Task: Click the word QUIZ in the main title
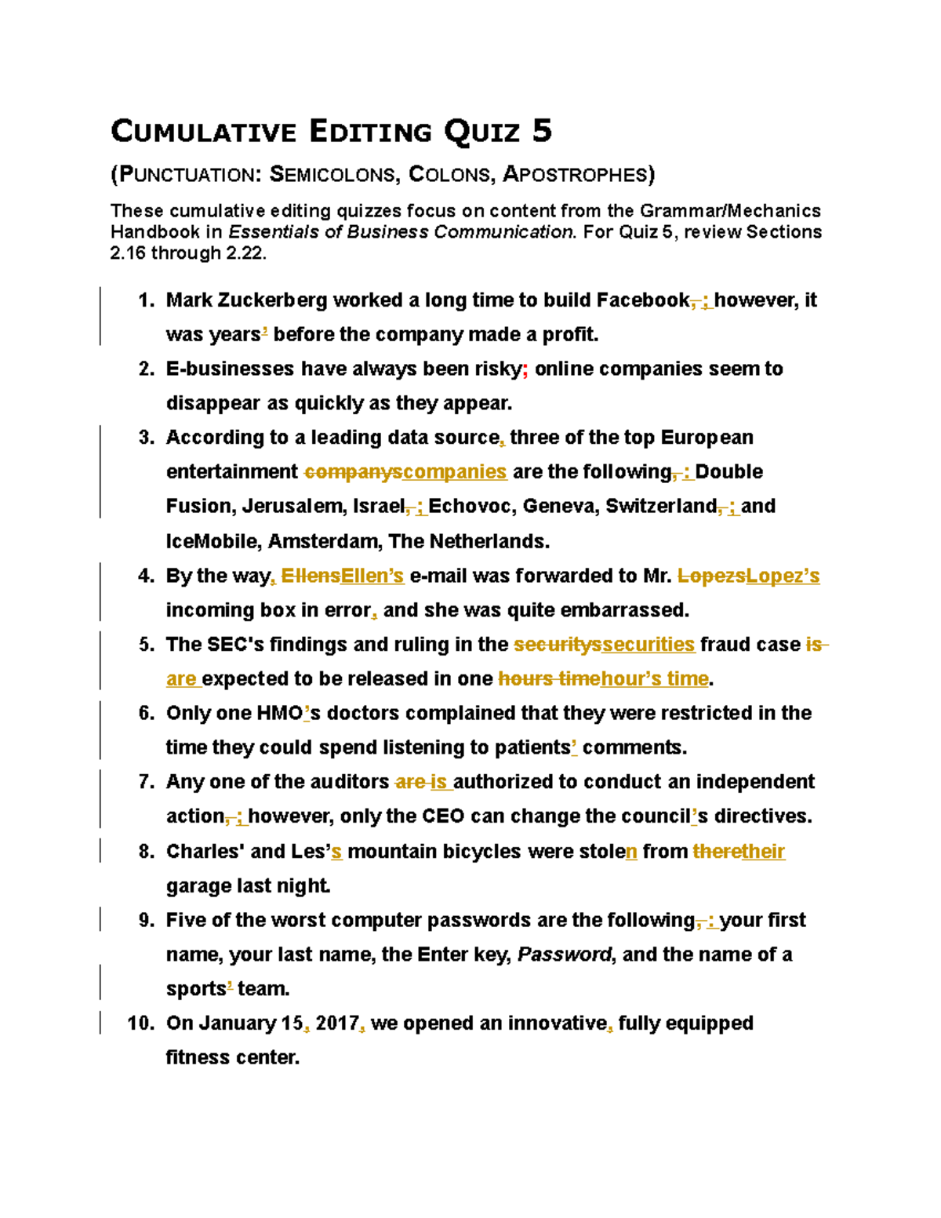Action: tap(482, 131)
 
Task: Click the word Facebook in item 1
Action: tap(642, 300)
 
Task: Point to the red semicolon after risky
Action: tap(525, 369)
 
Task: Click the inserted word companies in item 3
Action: tap(455, 472)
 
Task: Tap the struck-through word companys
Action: tap(353, 472)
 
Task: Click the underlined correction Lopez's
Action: tap(783, 576)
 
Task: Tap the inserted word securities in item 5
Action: tap(648, 645)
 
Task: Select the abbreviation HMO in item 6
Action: tap(279, 713)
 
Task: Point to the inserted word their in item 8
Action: tap(763, 852)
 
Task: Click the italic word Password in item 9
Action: tap(565, 954)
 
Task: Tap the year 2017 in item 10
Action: tap(337, 1023)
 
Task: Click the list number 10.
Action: tap(141, 1023)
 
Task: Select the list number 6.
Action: tap(146, 713)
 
